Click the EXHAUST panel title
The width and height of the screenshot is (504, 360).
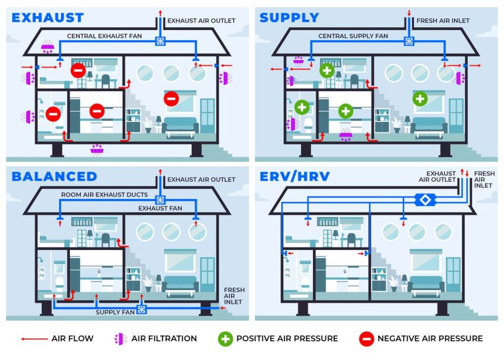pyautogui.click(x=48, y=18)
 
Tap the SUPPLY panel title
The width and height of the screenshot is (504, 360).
pyautogui.click(x=289, y=18)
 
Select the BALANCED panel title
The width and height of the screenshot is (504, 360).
pyautogui.click(x=54, y=176)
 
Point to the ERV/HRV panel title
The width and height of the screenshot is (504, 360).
pyautogui.click(x=295, y=176)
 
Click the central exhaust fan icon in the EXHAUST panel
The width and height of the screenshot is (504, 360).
pyautogui.click(x=160, y=41)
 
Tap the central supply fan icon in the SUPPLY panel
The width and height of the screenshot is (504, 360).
pyautogui.click(x=409, y=41)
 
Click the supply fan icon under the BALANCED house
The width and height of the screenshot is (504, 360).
pyautogui.click(x=141, y=309)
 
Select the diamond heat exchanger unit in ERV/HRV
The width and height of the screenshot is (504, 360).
pyautogui.click(x=425, y=200)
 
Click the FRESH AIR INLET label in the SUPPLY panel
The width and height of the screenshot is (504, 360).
pyautogui.click(x=443, y=21)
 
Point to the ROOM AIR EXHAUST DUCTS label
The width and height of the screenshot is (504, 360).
pyautogui.click(x=104, y=195)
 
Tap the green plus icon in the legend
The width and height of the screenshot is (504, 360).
pyautogui.click(x=225, y=339)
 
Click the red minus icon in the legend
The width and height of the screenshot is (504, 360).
pyautogui.click(x=366, y=339)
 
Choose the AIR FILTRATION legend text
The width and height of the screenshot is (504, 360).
pyautogui.click(x=164, y=338)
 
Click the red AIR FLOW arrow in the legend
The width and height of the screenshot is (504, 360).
pyautogui.click(x=34, y=339)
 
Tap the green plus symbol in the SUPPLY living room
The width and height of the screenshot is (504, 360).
pyautogui.click(x=420, y=99)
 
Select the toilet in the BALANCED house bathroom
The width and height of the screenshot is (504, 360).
pyautogui.click(x=59, y=284)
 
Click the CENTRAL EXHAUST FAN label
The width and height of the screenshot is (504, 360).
pyautogui.click(x=104, y=36)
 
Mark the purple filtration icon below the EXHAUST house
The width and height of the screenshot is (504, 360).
pyautogui.click(x=97, y=150)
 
